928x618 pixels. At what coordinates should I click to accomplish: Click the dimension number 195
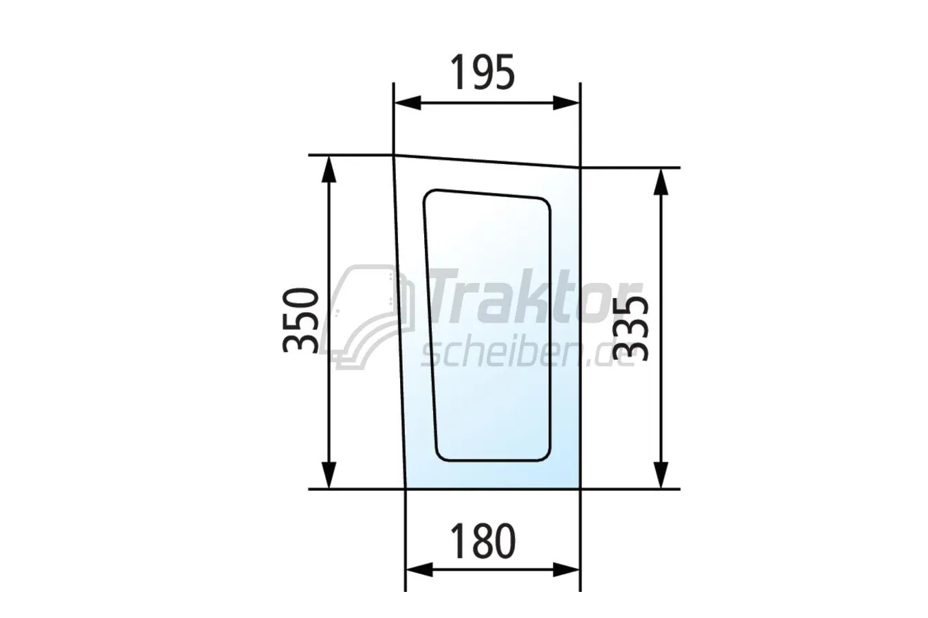point(483,72)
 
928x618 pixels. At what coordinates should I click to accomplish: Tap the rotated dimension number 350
point(301,320)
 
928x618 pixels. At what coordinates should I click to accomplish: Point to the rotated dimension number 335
point(630,328)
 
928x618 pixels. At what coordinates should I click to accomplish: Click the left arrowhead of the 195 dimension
point(407,102)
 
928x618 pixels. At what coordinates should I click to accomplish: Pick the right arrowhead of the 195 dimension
point(566,102)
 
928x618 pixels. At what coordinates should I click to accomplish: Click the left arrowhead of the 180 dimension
point(419,570)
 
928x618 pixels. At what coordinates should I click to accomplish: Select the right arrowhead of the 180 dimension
point(566,570)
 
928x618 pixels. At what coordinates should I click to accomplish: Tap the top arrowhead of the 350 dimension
point(329,169)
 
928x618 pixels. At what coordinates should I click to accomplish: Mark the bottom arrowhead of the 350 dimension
point(329,474)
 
